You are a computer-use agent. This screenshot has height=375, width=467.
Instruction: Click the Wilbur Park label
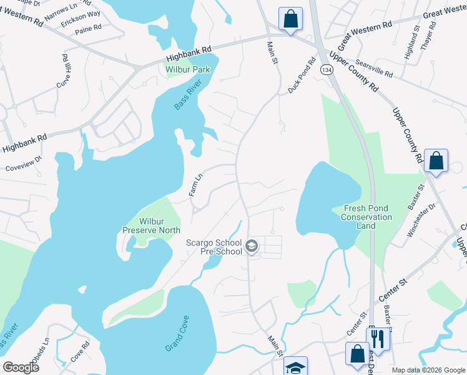click(187, 69)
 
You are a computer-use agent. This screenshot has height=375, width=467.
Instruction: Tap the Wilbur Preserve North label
click(152, 226)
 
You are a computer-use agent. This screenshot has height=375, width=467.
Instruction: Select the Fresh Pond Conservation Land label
click(367, 217)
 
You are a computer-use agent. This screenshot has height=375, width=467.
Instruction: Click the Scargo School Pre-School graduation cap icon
click(251, 247)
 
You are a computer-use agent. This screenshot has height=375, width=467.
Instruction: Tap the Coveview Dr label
click(23, 164)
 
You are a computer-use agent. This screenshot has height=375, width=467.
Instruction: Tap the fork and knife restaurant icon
click(377, 338)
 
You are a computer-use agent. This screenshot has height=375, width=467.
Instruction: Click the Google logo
click(21, 367)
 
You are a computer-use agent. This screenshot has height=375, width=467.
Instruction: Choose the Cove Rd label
click(81, 351)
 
